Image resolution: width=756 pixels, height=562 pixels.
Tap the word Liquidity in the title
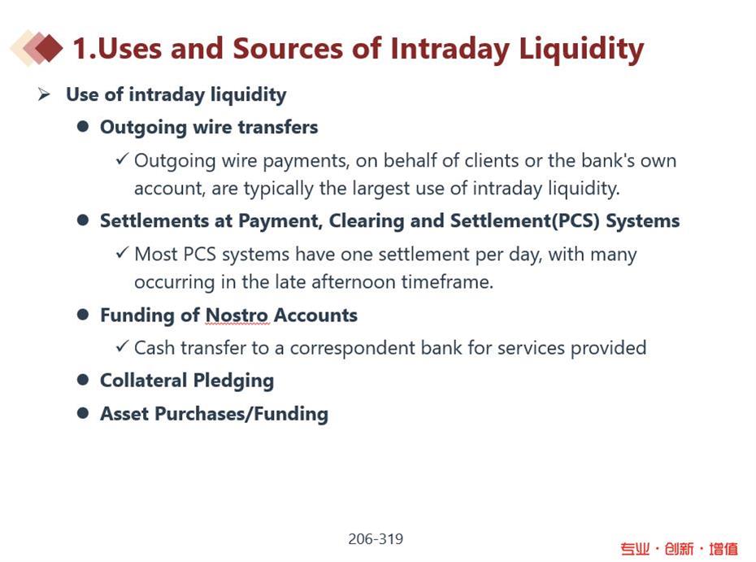pyautogui.click(x=581, y=49)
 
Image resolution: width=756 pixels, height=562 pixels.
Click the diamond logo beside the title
pyautogui.click(x=37, y=47)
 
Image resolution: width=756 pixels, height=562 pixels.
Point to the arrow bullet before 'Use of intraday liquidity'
pyautogui.click(x=44, y=94)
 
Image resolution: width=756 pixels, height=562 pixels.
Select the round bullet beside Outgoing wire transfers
pyautogui.click(x=83, y=126)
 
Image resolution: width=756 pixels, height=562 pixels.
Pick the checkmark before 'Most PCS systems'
pyautogui.click(x=123, y=253)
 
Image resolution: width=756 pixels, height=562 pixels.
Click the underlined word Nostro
pyautogui.click(x=237, y=316)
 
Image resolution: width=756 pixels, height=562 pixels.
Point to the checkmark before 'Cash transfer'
pyautogui.click(x=123, y=346)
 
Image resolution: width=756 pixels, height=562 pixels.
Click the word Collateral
pyautogui.click(x=144, y=380)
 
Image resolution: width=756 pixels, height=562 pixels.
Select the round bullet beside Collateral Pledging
pyautogui.click(x=83, y=380)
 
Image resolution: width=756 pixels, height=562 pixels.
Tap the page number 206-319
pyautogui.click(x=376, y=539)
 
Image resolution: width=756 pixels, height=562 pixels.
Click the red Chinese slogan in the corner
pyautogui.click(x=679, y=548)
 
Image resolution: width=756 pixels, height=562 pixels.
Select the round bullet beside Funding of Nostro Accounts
pyautogui.click(x=83, y=315)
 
